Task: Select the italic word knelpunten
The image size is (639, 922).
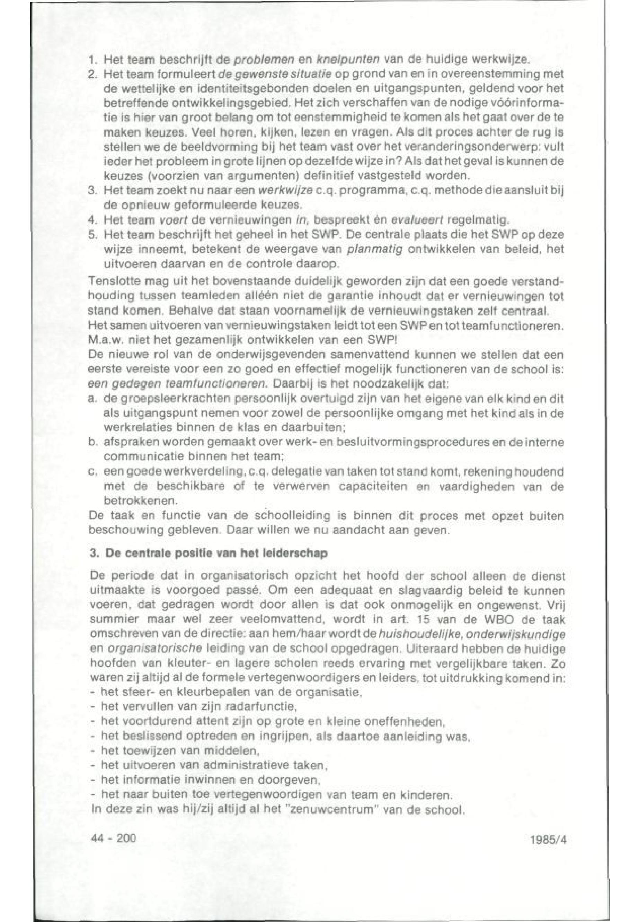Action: coord(340,61)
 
